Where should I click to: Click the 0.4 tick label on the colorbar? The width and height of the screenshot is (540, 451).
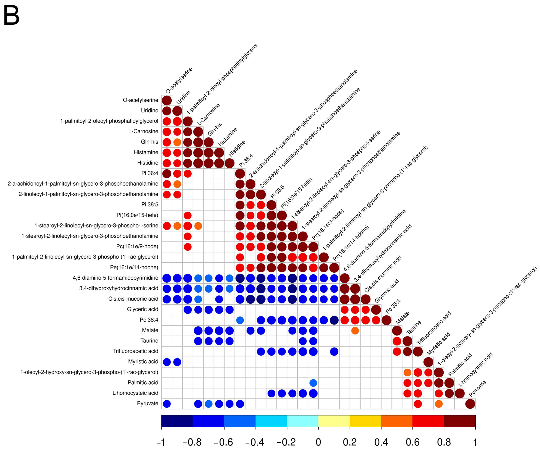coord(381,442)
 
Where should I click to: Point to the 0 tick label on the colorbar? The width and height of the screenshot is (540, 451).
coord(318,442)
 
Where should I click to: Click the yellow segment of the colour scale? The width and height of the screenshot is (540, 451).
coord(334,421)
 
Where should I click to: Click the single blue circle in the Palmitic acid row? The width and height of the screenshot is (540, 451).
coord(313,383)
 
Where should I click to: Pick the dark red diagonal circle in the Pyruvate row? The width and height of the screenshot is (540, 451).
coord(470,404)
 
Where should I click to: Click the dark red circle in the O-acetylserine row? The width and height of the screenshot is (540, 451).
coord(167,100)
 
